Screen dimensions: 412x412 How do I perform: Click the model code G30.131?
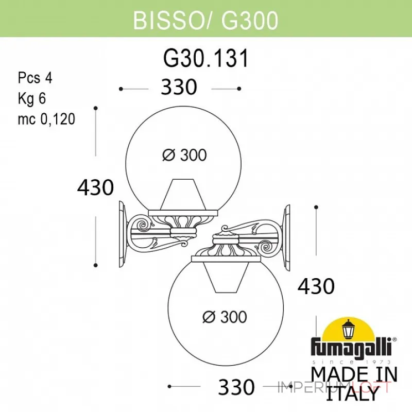pyautogui.click(x=205, y=60)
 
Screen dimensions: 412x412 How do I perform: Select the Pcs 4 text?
pyautogui.click(x=35, y=78)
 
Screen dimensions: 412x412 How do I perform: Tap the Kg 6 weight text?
pyautogui.click(x=32, y=99)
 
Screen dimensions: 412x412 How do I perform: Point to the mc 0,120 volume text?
pyautogui.click(x=46, y=119)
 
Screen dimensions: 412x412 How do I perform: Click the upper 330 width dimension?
pyautogui.click(x=179, y=88)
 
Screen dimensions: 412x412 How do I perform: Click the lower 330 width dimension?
pyautogui.click(x=236, y=386)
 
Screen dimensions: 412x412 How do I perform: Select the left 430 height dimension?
pyautogui.click(x=95, y=187)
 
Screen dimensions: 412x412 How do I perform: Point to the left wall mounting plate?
pyautogui.click(x=123, y=234)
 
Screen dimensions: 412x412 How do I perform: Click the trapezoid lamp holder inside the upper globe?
pyautogui.click(x=181, y=195)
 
